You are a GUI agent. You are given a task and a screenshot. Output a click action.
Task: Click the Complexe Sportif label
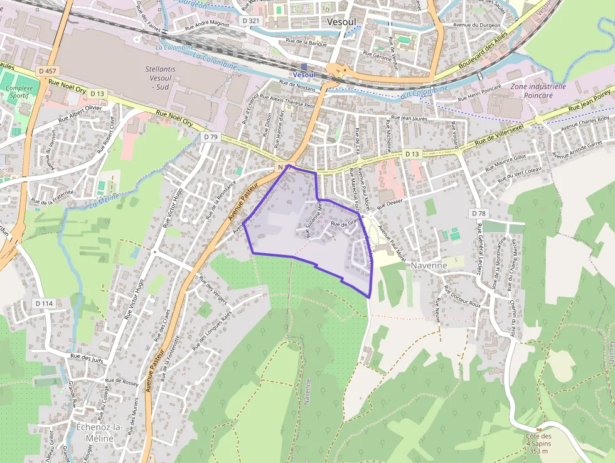[x=20, y=93]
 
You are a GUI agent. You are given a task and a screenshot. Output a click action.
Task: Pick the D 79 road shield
[x=210, y=136]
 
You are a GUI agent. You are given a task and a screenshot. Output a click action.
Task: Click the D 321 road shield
[x=250, y=21]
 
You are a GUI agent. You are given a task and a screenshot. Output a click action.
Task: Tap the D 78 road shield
[x=479, y=214]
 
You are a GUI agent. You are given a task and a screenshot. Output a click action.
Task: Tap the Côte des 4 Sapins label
[x=538, y=443]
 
